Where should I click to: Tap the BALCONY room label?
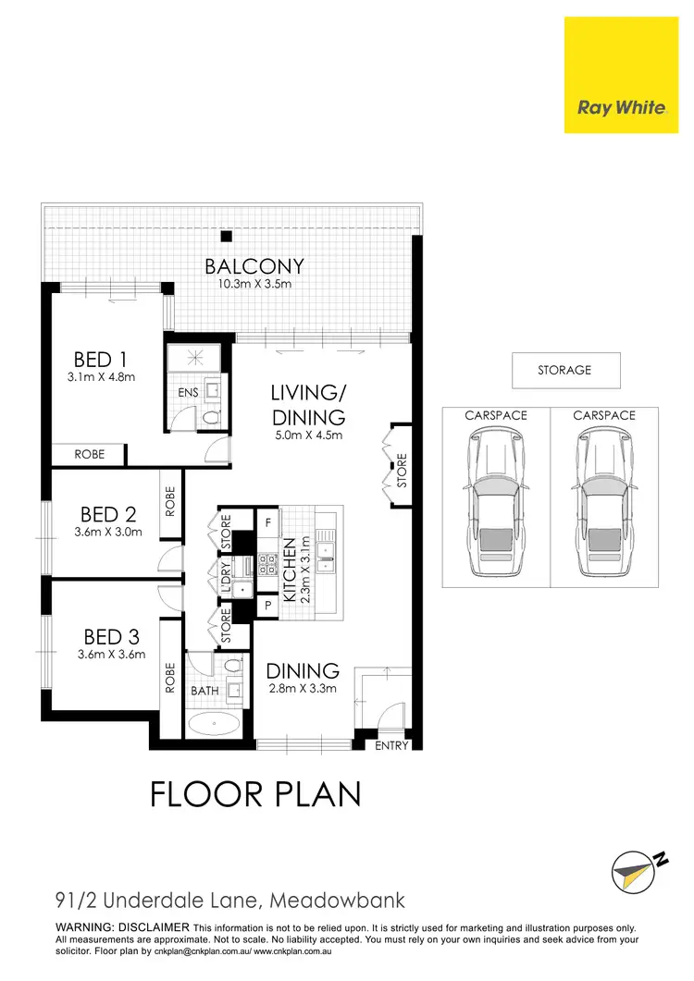(x=254, y=268)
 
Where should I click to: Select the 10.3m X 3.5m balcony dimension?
(x=254, y=285)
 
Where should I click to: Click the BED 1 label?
(x=99, y=359)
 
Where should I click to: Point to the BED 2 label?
(x=107, y=514)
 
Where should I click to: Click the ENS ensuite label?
(x=188, y=393)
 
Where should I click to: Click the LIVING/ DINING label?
(x=307, y=405)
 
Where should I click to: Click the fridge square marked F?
(x=267, y=522)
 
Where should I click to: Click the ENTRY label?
(x=392, y=745)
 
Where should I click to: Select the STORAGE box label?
(x=564, y=370)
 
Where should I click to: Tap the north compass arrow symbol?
(x=638, y=866)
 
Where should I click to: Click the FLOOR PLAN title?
(x=254, y=794)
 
